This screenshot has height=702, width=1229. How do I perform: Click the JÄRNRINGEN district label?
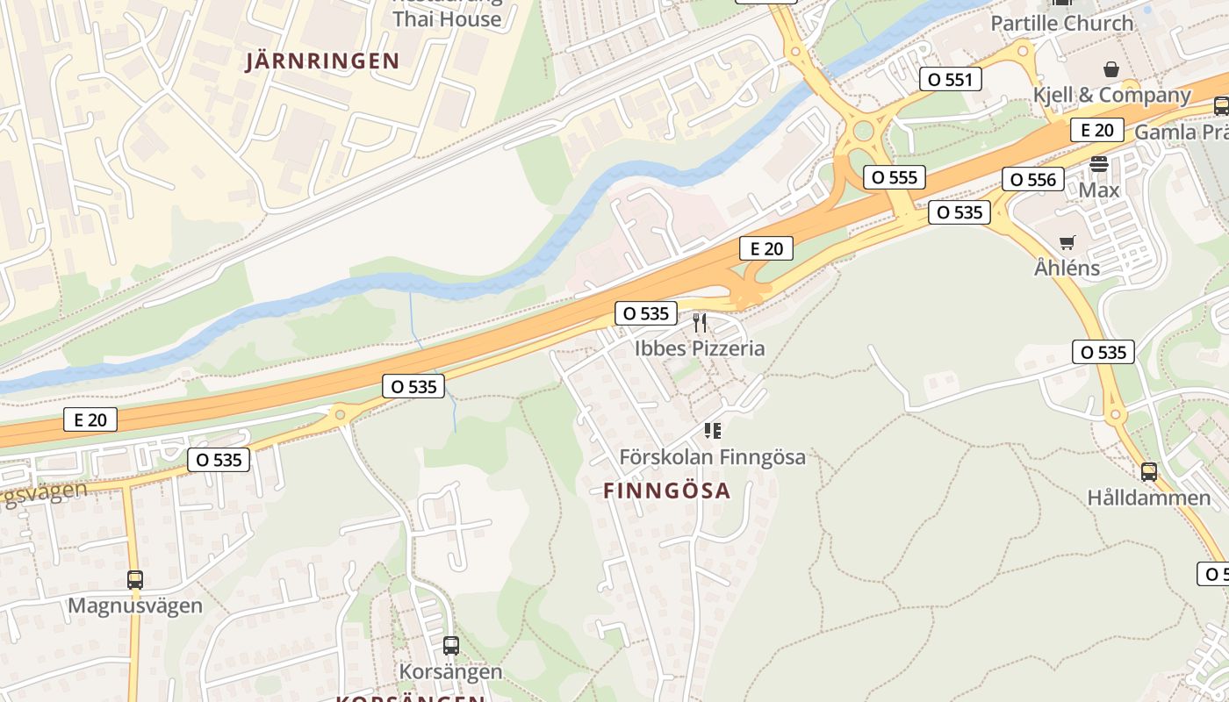(x=322, y=61)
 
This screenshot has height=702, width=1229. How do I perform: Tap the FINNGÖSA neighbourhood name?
(x=667, y=491)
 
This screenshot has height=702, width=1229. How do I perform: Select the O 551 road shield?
(x=949, y=80)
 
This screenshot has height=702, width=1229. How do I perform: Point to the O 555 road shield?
(x=895, y=177)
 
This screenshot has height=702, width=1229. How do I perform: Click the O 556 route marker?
(x=1032, y=180)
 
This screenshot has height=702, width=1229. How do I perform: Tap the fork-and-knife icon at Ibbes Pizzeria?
(x=700, y=323)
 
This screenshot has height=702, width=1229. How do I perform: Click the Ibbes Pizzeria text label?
(x=700, y=348)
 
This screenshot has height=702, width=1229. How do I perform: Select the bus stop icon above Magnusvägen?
(x=134, y=580)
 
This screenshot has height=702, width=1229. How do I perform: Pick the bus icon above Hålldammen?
(x=1148, y=472)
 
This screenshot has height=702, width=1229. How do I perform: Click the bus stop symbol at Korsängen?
(x=450, y=646)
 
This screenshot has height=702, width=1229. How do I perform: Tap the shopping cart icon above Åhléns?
(x=1067, y=242)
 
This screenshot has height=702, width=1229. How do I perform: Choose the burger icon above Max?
(x=1098, y=164)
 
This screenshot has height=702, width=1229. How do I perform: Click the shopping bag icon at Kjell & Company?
(x=1110, y=68)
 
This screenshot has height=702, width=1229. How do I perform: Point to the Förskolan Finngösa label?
(x=712, y=457)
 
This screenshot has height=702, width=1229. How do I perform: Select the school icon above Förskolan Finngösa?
(x=712, y=431)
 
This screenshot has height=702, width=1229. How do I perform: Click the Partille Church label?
(x=1061, y=24)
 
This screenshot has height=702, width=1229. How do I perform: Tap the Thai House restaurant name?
(x=447, y=18)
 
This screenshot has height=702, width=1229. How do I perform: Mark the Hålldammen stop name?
(x=1148, y=498)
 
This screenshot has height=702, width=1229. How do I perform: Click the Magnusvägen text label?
(x=134, y=606)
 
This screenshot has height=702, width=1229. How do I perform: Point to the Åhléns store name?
(x=1067, y=268)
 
